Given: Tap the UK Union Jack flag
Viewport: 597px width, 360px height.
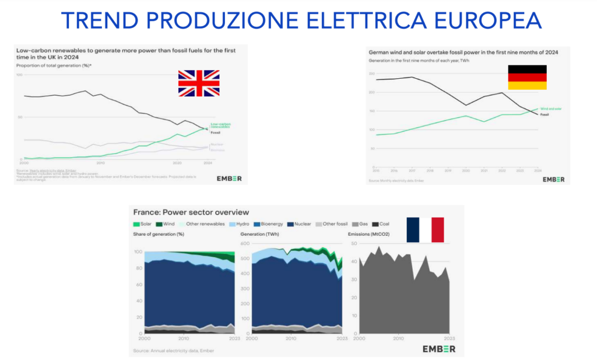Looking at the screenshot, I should coord(199,83).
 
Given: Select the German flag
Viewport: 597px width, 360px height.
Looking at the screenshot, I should coord(527,77).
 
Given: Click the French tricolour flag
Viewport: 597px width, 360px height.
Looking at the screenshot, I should coord(425,229).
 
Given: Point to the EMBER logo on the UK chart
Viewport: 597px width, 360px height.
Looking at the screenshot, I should coord(229,178).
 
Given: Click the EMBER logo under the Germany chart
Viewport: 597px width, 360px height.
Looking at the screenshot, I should coord(553,179).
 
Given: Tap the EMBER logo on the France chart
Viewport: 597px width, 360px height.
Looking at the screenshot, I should coord(440,349).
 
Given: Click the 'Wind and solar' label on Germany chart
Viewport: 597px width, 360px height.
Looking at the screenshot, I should coord(550,109).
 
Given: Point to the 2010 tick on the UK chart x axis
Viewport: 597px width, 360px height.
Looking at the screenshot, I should coord(100,163).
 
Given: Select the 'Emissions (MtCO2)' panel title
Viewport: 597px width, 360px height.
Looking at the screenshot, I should coord(368,235).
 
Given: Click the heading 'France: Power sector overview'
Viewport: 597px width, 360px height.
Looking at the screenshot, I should coord(191,212).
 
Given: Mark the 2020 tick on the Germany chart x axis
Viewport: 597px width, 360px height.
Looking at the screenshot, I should coord(466,170).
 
